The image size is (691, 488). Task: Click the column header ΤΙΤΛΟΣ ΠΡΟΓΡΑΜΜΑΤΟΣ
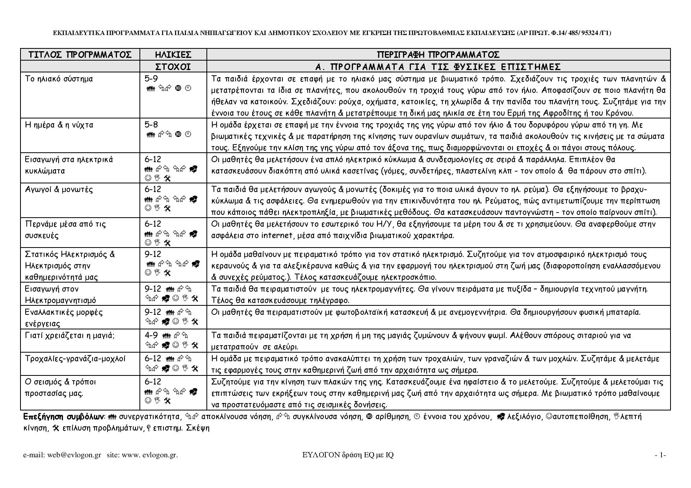click(80, 54)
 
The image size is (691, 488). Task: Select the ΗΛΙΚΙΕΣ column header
click(173, 54)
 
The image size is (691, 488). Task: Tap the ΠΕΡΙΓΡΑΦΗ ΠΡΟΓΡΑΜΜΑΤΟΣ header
click(438, 54)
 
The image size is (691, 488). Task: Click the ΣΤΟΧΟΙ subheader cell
click(173, 66)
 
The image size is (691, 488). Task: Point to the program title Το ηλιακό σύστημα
click(59, 79)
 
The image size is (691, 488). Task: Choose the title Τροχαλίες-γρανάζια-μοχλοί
click(75, 359)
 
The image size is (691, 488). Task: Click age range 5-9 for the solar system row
click(151, 79)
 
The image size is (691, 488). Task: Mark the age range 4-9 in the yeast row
click(151, 335)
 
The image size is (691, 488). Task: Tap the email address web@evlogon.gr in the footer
click(74, 455)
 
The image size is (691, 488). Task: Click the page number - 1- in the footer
click(660, 455)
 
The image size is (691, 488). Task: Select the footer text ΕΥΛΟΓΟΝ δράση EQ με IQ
click(348, 455)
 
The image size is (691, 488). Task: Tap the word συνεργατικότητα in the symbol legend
click(150, 416)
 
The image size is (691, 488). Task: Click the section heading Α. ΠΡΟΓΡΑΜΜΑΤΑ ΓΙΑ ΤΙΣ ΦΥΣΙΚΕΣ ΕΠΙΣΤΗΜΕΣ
click(438, 66)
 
